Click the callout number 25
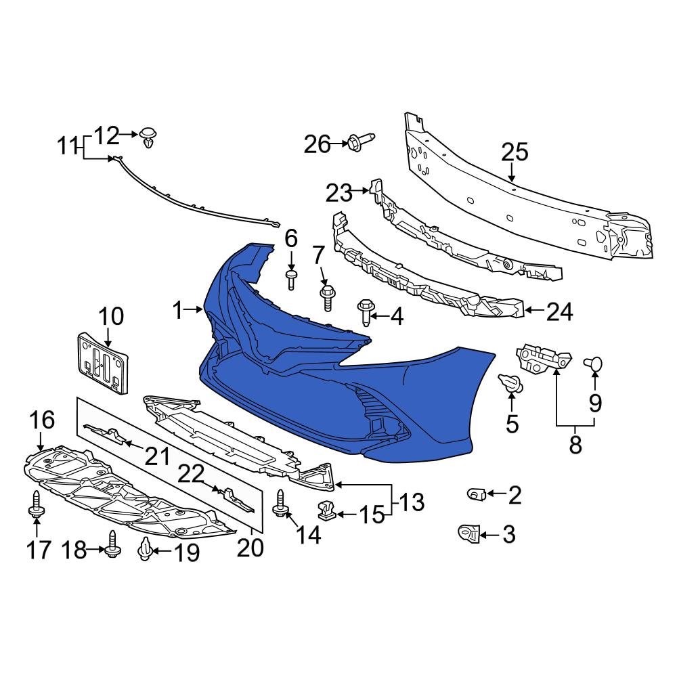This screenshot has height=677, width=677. [515, 152]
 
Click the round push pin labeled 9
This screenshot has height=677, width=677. [594, 365]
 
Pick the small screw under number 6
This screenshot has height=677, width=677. [292, 278]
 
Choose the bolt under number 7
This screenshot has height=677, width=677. [327, 296]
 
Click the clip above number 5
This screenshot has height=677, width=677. [512, 384]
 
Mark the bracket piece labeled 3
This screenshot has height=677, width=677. [469, 534]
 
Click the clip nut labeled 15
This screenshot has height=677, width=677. [326, 512]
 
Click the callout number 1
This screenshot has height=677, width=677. [177, 311]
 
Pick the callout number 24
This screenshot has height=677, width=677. [560, 313]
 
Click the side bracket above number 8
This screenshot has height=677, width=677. [541, 357]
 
